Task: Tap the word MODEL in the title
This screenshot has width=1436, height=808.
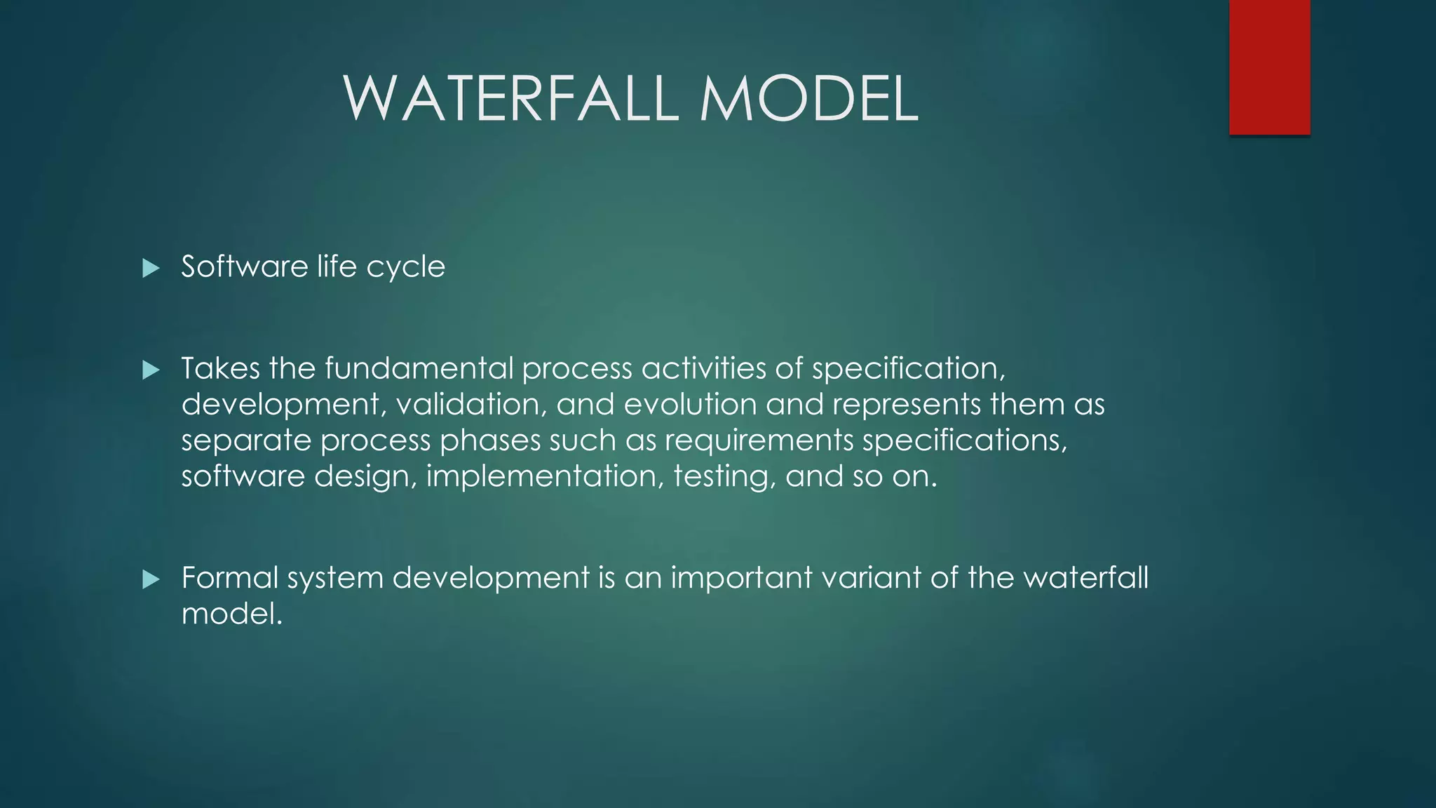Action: click(808, 99)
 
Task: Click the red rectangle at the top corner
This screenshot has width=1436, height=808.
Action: click(1269, 67)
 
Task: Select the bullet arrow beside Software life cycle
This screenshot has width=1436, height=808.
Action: click(151, 268)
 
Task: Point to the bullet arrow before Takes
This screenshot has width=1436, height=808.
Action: click(151, 370)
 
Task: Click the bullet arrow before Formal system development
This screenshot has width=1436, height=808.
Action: click(151, 579)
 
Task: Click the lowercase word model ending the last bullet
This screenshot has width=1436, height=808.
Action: click(231, 614)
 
